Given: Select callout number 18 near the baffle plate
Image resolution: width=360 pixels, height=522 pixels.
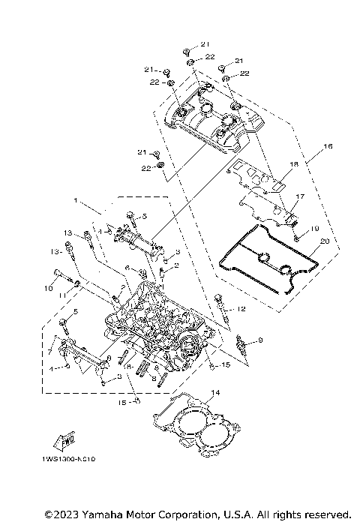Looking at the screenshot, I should (294, 163).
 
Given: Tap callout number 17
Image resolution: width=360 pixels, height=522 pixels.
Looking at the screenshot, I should (298, 197).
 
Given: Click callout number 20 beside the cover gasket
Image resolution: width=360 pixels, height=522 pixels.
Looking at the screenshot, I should (324, 241).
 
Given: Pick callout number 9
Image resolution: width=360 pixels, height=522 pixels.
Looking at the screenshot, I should (260, 340).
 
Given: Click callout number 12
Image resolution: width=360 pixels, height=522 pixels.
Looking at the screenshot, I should (241, 308).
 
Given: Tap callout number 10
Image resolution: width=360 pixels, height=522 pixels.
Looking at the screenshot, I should (47, 287).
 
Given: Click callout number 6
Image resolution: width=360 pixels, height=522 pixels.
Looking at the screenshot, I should (128, 268).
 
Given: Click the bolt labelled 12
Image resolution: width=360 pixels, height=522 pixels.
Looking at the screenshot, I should (219, 307).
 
